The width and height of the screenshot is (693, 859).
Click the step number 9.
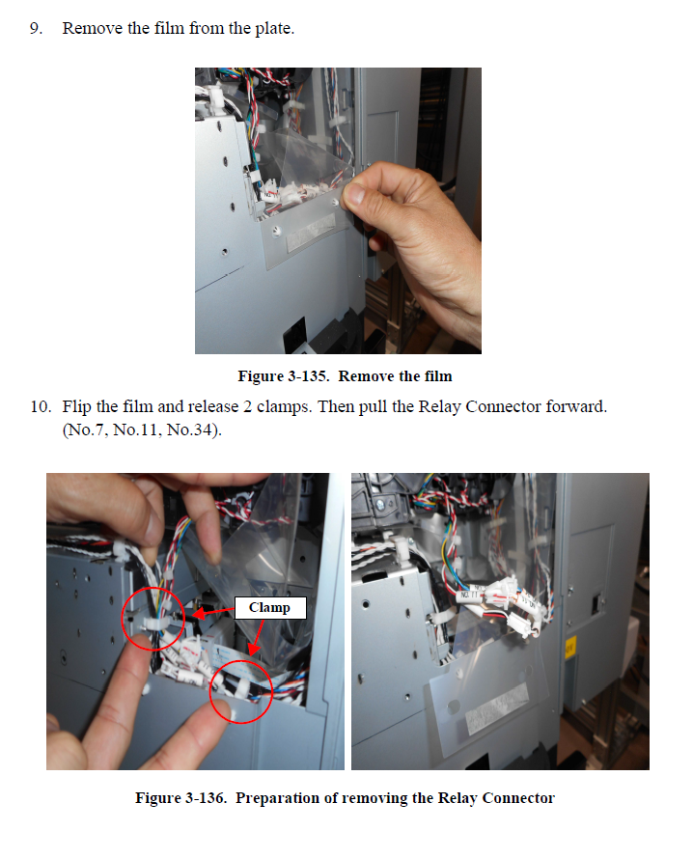pyautogui.click(x=36, y=29)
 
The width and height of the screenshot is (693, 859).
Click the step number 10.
pyautogui.click(x=41, y=407)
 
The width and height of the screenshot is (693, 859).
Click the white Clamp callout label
pyautogui.click(x=270, y=607)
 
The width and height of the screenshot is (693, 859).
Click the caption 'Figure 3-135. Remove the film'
pyautogui.click(x=346, y=376)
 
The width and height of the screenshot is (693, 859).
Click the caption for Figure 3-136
pyautogui.click(x=346, y=798)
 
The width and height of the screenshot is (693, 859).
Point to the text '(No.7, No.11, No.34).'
pyautogui.click(x=142, y=430)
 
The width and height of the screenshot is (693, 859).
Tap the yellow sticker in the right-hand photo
pyautogui.click(x=570, y=648)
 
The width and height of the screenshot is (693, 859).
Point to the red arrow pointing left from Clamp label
pyautogui.click(x=213, y=612)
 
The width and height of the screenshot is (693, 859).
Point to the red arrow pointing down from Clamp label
pyautogui.click(x=257, y=637)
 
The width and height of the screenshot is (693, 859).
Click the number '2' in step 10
pyautogui.click(x=247, y=407)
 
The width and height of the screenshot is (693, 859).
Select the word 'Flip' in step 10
pyautogui.click(x=76, y=407)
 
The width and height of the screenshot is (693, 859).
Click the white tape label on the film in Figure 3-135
pyautogui.click(x=311, y=233)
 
